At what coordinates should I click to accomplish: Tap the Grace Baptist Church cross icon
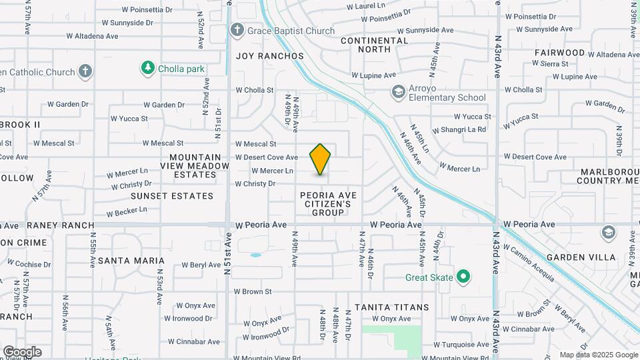[237, 30]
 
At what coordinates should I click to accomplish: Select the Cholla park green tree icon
[147, 68]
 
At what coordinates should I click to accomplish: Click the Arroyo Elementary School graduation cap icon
[399, 92]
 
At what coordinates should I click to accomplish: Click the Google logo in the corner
[21, 352]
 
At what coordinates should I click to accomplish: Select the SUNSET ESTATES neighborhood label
[172, 196]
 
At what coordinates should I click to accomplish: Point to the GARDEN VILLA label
[575, 257]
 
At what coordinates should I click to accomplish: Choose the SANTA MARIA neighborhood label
[131, 261]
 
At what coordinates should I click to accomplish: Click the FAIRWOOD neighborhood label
[559, 53]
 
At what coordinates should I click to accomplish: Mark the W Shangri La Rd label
[459, 130]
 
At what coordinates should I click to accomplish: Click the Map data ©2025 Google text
[599, 355]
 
